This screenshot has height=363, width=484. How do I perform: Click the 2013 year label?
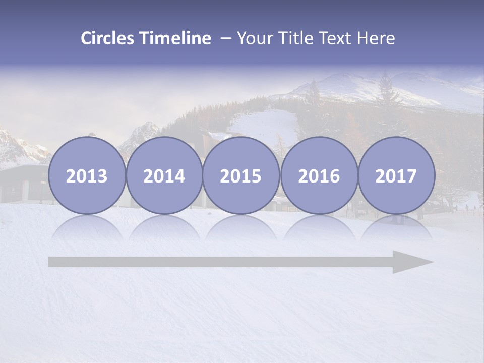[87, 176]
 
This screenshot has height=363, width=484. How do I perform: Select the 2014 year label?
[164, 176]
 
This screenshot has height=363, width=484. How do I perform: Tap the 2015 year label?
[241, 176]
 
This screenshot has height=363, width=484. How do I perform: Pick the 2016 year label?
[319, 176]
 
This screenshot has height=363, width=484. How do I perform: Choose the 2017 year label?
[396, 176]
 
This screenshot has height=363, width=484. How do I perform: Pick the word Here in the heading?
[376, 38]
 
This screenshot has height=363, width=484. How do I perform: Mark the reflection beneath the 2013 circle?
[87, 227]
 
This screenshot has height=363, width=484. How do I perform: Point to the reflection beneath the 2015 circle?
[241, 227]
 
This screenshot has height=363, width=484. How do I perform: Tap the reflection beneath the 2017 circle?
[396, 227]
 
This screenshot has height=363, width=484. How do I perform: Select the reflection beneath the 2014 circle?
[164, 227]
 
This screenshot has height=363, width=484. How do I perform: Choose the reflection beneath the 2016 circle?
[319, 227]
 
